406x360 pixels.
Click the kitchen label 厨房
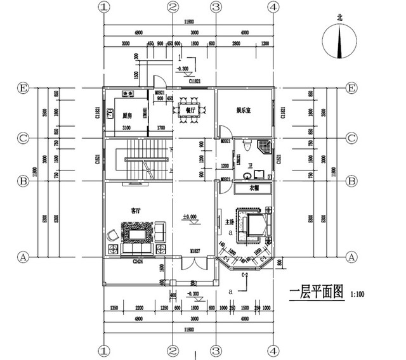(126, 116)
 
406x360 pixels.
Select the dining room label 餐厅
(190, 110)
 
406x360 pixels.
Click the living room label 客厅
(136, 209)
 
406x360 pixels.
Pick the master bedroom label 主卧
(230, 222)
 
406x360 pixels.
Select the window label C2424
(136, 260)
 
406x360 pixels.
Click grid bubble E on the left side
(23, 87)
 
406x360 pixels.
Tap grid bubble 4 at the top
(273, 7)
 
